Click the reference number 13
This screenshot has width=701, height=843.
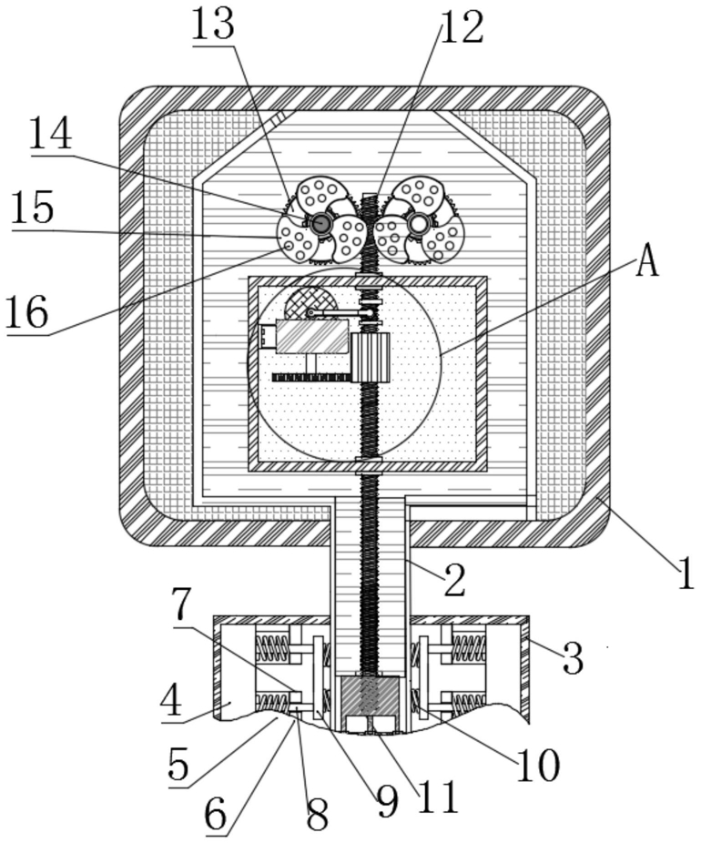click(212, 25)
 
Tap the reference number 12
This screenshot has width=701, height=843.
click(462, 27)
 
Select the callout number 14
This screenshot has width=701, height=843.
click(51, 135)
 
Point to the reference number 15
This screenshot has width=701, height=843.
click(33, 208)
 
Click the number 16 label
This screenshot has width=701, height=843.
click(27, 312)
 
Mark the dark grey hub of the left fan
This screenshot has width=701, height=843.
click(321, 222)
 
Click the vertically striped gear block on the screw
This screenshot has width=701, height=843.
click(370, 357)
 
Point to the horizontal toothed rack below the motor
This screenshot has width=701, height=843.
click(312, 377)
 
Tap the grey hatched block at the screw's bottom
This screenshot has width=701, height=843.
click(370, 696)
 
